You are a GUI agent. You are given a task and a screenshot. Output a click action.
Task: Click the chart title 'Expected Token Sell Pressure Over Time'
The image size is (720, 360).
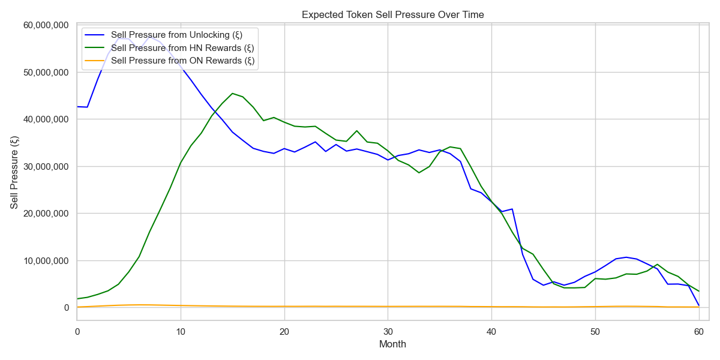(x=392, y=14)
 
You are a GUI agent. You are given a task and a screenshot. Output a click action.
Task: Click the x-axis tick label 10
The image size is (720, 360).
(x=181, y=331)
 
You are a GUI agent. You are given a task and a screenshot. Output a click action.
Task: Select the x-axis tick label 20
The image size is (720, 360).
(x=284, y=331)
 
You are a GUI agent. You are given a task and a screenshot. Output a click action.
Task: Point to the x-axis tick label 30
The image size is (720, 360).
(x=388, y=331)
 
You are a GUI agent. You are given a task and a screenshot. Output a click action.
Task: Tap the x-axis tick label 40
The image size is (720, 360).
(x=491, y=331)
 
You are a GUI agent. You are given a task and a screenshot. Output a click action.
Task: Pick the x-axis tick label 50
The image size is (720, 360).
(x=595, y=331)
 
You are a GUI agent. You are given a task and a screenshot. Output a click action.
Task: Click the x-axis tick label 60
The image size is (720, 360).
(x=698, y=331)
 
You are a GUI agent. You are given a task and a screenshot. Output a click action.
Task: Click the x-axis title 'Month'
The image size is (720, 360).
(x=392, y=344)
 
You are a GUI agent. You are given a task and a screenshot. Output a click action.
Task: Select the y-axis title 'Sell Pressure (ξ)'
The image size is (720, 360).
(x=14, y=172)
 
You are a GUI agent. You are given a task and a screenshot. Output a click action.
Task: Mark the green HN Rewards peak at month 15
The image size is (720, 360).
(x=232, y=94)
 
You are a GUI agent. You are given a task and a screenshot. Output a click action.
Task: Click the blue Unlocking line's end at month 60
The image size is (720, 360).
(x=698, y=305)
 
